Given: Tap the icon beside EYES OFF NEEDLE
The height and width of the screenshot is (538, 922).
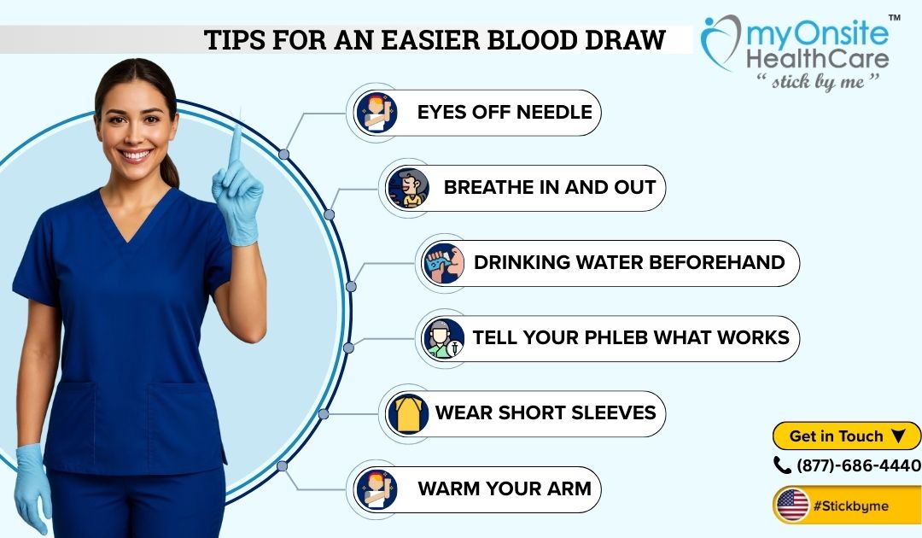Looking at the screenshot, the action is coord(376,112).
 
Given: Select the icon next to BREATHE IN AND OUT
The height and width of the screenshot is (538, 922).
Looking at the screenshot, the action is coord(407,188).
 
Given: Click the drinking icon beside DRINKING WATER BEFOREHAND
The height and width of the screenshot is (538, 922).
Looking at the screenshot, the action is coord(443,263).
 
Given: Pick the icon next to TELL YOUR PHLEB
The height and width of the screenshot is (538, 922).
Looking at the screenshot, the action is coord(443,338).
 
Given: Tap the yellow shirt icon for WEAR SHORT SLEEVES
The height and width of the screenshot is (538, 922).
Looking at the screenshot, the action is coord(408,413).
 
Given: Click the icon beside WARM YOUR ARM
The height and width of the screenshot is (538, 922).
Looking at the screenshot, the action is coord(376,489).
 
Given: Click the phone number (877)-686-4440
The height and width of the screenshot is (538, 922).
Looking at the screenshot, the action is coord(859,465).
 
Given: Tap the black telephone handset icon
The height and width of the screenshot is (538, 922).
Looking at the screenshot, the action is coord(782,465).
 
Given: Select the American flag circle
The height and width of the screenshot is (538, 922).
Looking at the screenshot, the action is coord(792,505).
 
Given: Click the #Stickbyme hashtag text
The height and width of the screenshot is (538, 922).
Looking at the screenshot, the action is coord(850,506).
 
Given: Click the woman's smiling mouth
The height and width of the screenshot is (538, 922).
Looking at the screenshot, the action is coord(135,155).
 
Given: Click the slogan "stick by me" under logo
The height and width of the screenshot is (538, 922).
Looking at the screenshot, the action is coord(818,80).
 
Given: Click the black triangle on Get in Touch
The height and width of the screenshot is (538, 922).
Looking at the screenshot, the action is coord(898,436).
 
